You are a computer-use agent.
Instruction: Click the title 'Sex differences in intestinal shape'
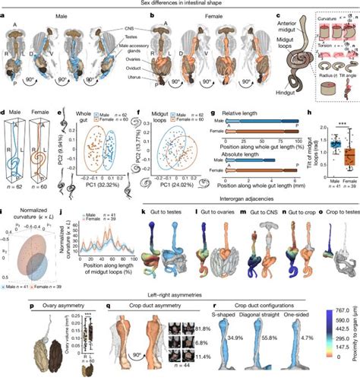coord(179,5)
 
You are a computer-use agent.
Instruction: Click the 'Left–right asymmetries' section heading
coord(179,296)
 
